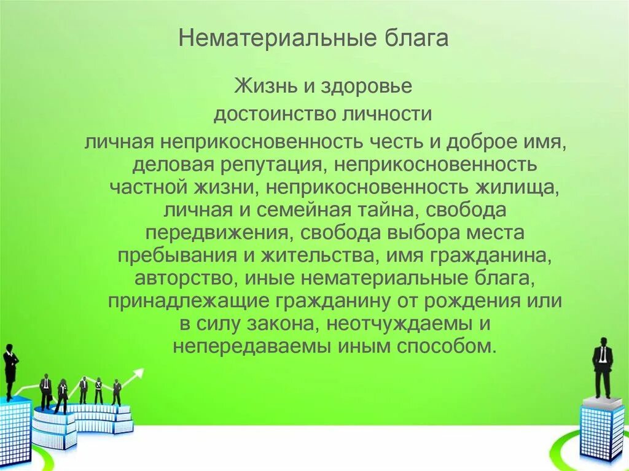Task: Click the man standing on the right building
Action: [603, 367]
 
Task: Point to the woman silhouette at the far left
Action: [10, 371]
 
